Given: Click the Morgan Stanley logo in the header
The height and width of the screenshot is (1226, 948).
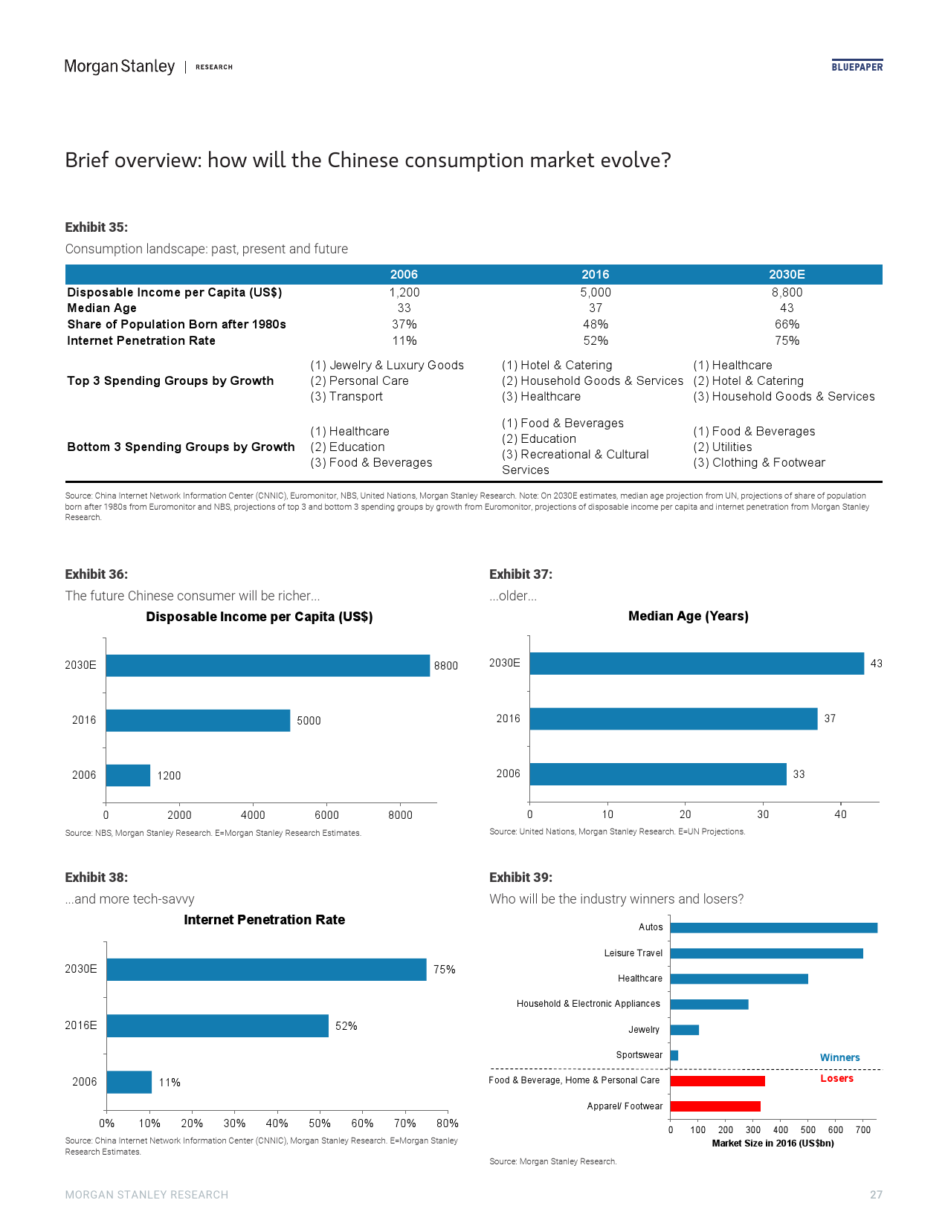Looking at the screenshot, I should pyautogui.click(x=119, y=67).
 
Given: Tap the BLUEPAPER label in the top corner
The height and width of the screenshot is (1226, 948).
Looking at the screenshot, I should pyautogui.click(x=857, y=67).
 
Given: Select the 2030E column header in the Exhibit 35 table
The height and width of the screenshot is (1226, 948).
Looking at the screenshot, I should pyautogui.click(x=787, y=274).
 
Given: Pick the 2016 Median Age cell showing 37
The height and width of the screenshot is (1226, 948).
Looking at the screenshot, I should pyautogui.click(x=596, y=308).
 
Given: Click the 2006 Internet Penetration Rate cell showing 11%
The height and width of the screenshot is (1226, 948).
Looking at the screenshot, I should pyautogui.click(x=404, y=340).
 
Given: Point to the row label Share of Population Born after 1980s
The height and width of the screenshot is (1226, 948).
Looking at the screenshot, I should pyautogui.click(x=176, y=324).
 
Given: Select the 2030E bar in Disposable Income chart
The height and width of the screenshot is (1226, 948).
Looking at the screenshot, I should pyautogui.click(x=268, y=665).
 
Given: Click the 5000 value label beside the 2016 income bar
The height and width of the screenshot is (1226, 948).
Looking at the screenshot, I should pyautogui.click(x=309, y=721).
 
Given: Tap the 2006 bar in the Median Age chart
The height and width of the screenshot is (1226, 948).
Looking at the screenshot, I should pyautogui.click(x=657, y=773).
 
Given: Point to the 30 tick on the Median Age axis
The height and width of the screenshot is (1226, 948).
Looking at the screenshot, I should pyautogui.click(x=763, y=814).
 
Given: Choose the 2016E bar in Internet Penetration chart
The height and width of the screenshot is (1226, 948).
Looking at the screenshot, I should pyautogui.click(x=217, y=1025).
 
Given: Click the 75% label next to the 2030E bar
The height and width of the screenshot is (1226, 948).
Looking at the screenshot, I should pyautogui.click(x=444, y=970).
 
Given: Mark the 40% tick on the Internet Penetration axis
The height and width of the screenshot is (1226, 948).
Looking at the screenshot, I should pyautogui.click(x=277, y=1123).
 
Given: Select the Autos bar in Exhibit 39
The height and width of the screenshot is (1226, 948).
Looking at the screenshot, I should pyautogui.click(x=773, y=927).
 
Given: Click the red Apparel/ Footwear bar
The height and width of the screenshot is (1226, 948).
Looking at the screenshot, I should pyautogui.click(x=715, y=1106).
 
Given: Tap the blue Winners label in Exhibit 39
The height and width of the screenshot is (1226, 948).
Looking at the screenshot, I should pyautogui.click(x=839, y=1057).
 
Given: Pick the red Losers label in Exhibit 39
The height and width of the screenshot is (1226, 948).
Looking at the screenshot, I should pyautogui.click(x=836, y=1078).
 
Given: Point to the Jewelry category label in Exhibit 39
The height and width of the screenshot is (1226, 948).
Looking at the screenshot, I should pyautogui.click(x=644, y=1030).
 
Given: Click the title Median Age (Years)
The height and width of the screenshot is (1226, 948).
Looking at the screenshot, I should pyautogui.click(x=688, y=616).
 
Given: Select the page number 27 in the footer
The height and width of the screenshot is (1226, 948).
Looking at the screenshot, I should pyautogui.click(x=876, y=1195).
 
